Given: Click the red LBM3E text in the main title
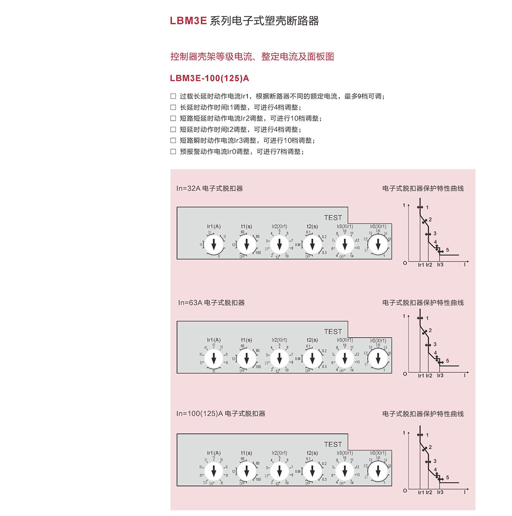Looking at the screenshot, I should pyautogui.click(x=188, y=21).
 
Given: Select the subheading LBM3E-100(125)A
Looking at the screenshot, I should pyautogui.click(x=209, y=78).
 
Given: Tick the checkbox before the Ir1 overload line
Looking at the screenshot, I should pyautogui.click(x=173, y=96).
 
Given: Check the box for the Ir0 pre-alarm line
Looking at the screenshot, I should pyautogui.click(x=173, y=151).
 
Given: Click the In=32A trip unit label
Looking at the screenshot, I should pyautogui.click(x=210, y=188).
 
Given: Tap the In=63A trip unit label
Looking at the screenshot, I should pyautogui.click(x=211, y=302).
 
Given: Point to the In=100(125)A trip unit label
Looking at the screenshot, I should pyautogui.click(x=221, y=414).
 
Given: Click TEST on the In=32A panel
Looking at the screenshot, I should pyautogui.click(x=333, y=217).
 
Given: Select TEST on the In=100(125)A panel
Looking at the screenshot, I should pyautogui.click(x=333, y=444).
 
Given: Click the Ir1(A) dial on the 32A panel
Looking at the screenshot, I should pyautogui.click(x=214, y=245).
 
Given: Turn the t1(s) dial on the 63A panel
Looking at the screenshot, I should pyautogui.click(x=247, y=358).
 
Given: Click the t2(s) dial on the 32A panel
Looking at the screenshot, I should pyautogui.click(x=312, y=245).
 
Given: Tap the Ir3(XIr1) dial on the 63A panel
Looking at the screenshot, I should pyautogui.click(x=345, y=358).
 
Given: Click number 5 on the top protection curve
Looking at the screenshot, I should pyautogui.click(x=447, y=250).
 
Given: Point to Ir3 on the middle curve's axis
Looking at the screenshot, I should pyautogui.click(x=440, y=376).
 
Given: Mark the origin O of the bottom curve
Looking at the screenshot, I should pyautogui.click(x=405, y=490).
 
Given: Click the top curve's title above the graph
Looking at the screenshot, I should pyautogui.click(x=423, y=188).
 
